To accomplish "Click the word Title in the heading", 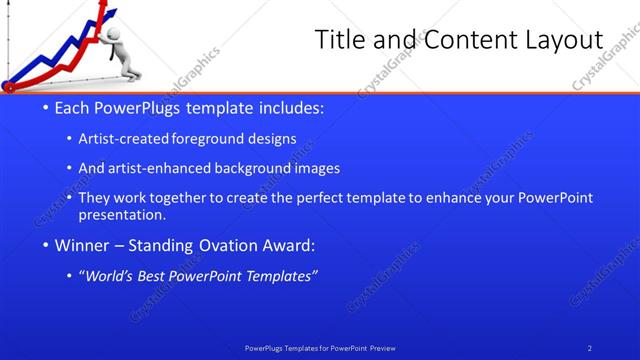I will pos(339,40).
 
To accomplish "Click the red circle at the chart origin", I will pos(9,84).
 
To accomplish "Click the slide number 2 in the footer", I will pos(590,348).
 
